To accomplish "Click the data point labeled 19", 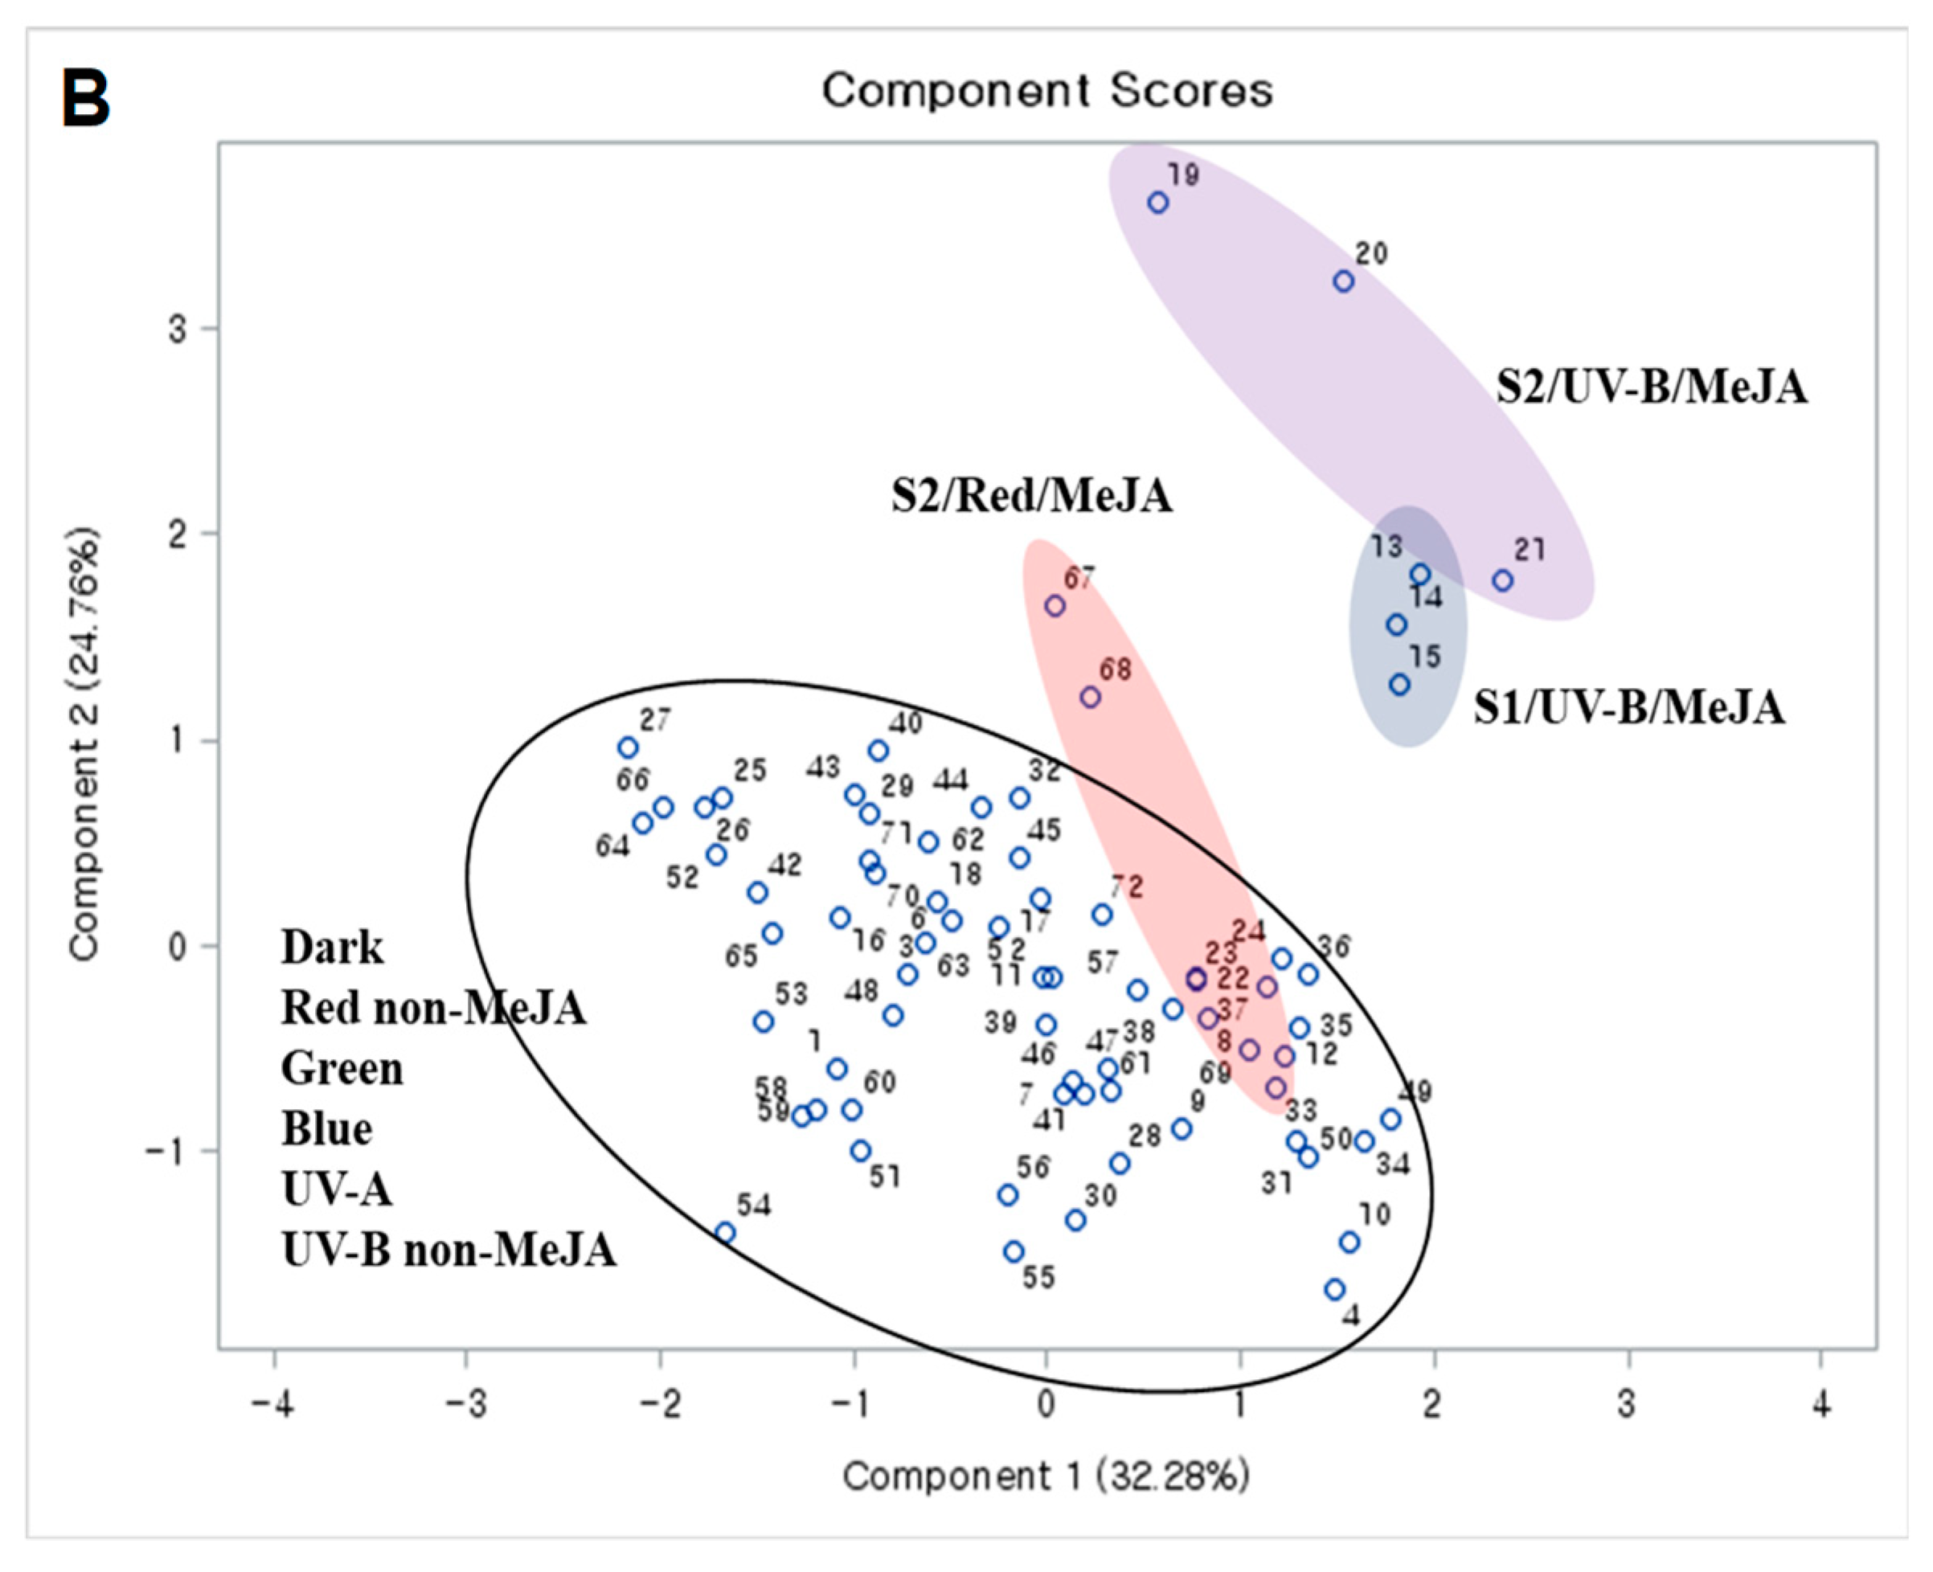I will tap(1157, 203).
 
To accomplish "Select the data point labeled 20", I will tap(1344, 281).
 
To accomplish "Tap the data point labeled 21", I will tap(1503, 580).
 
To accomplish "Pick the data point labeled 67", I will tap(1055, 606).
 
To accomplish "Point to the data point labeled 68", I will tap(1090, 698).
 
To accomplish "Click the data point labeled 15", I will tap(1400, 685).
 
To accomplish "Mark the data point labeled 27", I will tap(629, 748).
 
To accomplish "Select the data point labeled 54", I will tap(725, 1232).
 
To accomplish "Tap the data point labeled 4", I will tap(1334, 1289).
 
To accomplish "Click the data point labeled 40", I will tap(878, 751).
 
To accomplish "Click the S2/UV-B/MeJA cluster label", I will tap(1652, 387).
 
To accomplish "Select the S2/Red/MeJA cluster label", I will tap(1032, 496).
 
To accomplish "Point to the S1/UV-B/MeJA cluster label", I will tap(1629, 708).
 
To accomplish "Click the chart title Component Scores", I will tap(1047, 91).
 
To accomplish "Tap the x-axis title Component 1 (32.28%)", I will tap(1046, 1477).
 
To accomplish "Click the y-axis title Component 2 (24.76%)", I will tap(84, 743).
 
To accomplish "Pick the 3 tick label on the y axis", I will tap(178, 329).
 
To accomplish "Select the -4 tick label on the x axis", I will tap(272, 1406).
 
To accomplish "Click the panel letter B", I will tap(86, 99).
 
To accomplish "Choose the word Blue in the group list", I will tap(327, 1129).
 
